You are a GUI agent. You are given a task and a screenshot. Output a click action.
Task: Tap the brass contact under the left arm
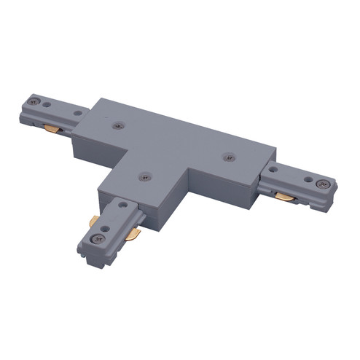[x=51, y=129]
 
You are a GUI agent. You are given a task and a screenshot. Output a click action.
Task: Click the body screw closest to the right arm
[x=229, y=155]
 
